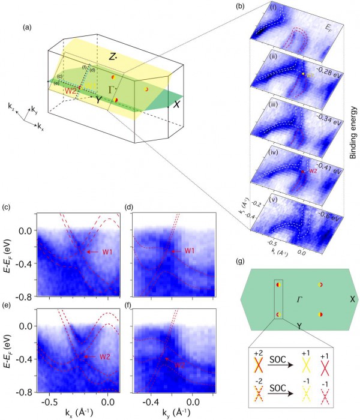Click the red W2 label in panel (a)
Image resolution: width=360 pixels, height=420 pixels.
pos(70,91)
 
